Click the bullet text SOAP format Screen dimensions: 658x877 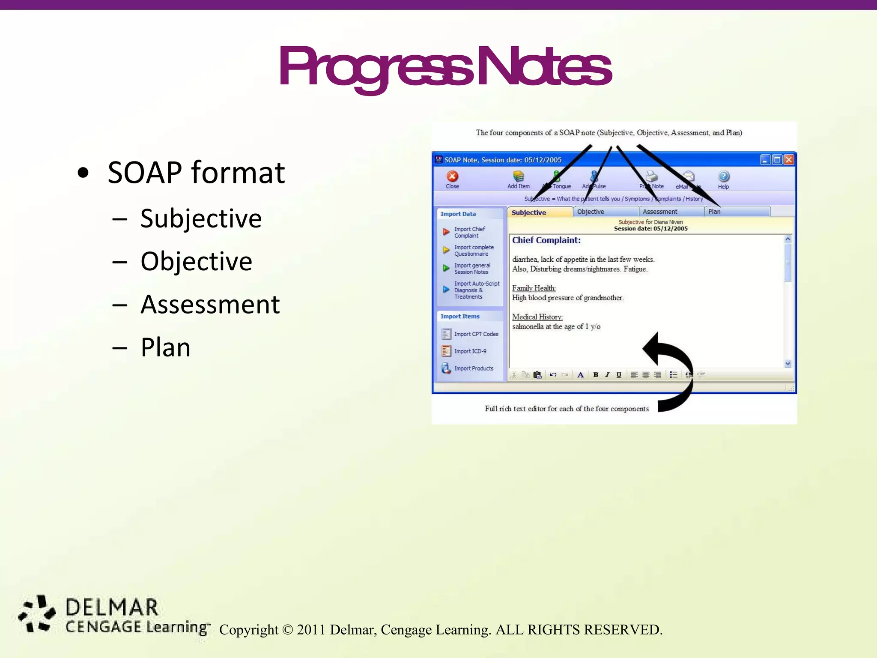click(x=196, y=173)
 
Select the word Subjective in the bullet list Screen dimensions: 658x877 click(x=201, y=218)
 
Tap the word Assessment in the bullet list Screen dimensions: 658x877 click(x=210, y=305)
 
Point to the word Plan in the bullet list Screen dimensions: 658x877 click(x=165, y=347)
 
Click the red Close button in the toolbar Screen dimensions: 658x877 click(x=452, y=177)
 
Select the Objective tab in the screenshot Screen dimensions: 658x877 click(x=591, y=212)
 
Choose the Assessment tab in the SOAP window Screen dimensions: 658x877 click(x=659, y=212)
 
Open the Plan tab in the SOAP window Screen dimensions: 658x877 click(x=714, y=212)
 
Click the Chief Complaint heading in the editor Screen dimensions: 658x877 click(x=546, y=240)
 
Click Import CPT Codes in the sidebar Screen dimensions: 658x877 click(x=476, y=334)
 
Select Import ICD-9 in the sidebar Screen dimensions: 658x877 click(x=470, y=351)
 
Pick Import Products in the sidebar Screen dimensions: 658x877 click(x=473, y=368)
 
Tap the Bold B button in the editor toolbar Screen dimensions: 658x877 click(x=595, y=375)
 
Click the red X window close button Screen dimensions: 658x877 click(x=788, y=160)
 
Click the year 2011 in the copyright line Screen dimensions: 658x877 click(x=311, y=630)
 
